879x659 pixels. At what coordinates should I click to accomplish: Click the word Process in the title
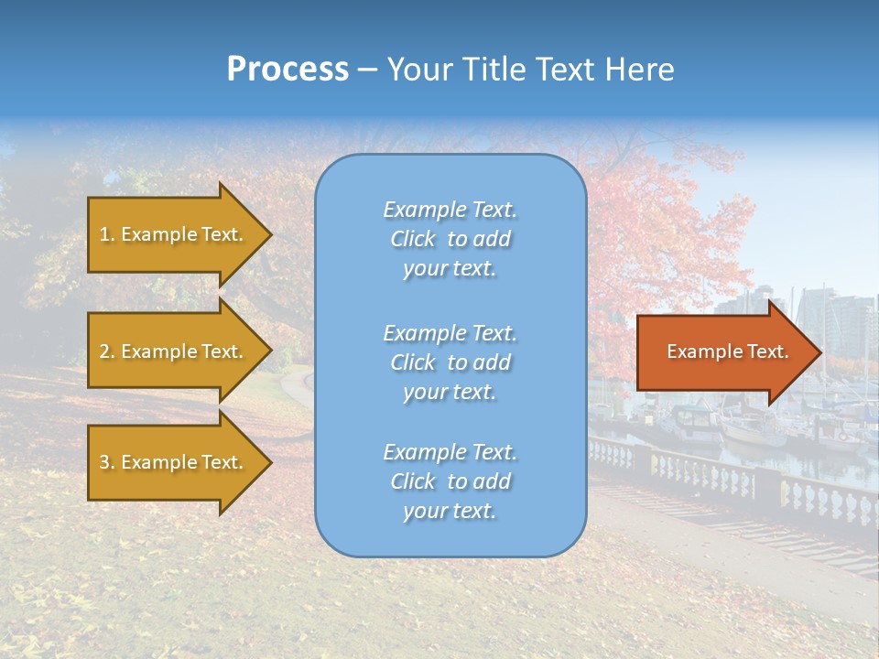tap(288, 70)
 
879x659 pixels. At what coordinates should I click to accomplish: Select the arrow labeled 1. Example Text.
tap(174, 234)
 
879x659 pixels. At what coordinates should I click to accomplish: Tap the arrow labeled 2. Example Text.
tap(174, 351)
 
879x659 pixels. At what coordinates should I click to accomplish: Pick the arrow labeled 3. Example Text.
tap(174, 462)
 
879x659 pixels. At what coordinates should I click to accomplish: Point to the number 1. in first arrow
tap(107, 234)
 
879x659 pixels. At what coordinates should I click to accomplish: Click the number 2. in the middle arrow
tap(107, 351)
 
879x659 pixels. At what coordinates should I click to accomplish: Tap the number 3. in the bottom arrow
tap(107, 462)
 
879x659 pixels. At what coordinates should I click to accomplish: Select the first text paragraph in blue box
tap(450, 239)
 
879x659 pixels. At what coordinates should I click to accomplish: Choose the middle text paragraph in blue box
tap(450, 362)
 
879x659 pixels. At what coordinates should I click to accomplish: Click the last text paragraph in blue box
tap(450, 481)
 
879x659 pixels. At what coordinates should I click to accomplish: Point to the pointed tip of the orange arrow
tap(819, 352)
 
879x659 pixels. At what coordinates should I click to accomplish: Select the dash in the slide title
tap(367, 70)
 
